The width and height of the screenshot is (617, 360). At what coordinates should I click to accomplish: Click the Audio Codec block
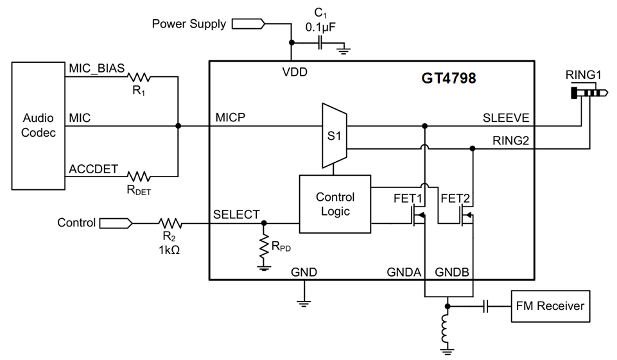[x=39, y=126]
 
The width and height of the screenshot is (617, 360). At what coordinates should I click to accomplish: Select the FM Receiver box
[x=550, y=306]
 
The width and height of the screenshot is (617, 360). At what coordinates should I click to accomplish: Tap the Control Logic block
[x=335, y=204]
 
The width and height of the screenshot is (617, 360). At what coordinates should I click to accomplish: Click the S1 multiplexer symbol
[x=334, y=136]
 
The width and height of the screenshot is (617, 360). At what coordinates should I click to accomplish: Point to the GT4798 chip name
[x=449, y=78]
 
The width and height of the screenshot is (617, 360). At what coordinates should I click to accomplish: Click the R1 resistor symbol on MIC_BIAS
[x=139, y=77]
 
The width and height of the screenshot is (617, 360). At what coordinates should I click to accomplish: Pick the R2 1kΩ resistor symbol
[x=170, y=223]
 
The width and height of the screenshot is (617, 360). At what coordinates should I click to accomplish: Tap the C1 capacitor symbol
[x=320, y=43]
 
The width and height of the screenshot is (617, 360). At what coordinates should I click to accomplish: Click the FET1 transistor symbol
[x=418, y=218]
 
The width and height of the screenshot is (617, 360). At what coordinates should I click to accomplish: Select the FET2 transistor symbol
[x=466, y=218]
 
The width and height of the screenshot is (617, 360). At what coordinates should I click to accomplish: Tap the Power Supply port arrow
[x=247, y=24]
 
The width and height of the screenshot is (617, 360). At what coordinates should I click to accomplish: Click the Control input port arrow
[x=116, y=223]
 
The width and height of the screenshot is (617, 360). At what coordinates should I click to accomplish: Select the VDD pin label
[x=295, y=72]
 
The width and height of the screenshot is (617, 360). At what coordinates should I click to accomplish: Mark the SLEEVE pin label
[x=506, y=117]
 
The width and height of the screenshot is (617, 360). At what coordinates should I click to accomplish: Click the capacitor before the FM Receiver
[x=487, y=306]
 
